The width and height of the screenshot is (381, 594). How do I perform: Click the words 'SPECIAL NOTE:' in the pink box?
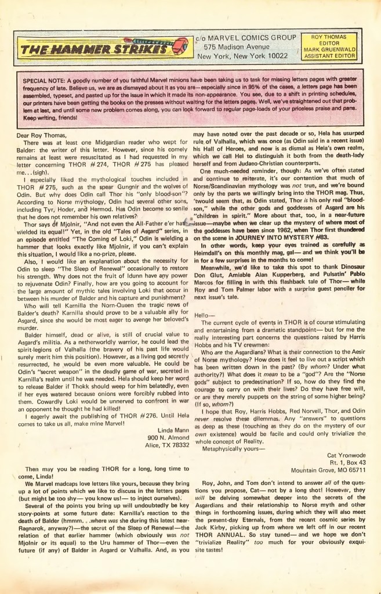43,79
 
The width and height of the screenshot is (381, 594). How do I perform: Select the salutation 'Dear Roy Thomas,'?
38,135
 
